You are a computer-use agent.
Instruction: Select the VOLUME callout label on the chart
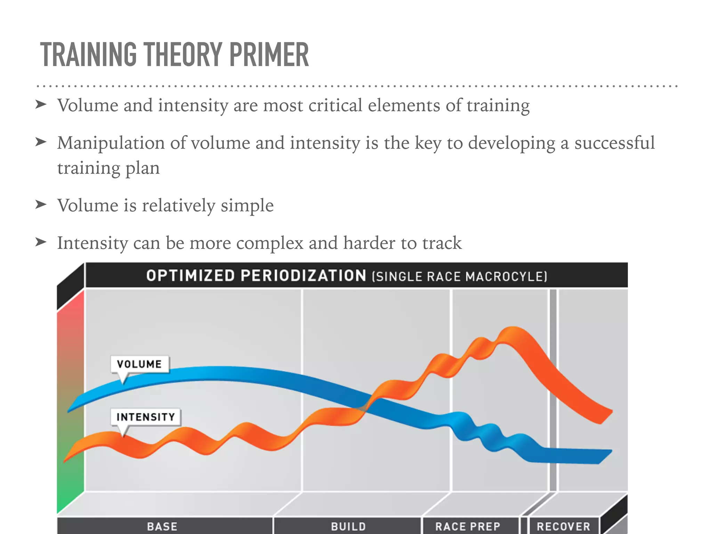point(139,364)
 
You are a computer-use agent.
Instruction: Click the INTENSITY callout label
point(146,417)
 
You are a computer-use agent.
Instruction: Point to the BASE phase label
point(162,526)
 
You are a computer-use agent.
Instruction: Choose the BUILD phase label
point(348,526)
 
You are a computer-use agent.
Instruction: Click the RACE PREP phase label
point(468,526)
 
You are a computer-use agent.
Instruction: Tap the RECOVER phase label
point(564,526)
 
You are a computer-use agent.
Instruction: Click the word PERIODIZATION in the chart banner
point(303,276)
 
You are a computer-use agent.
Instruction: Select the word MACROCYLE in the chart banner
point(505,277)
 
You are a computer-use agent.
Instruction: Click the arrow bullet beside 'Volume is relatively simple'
point(41,204)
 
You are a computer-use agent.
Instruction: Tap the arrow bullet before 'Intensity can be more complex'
point(41,242)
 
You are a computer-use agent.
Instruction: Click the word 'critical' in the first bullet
point(335,105)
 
